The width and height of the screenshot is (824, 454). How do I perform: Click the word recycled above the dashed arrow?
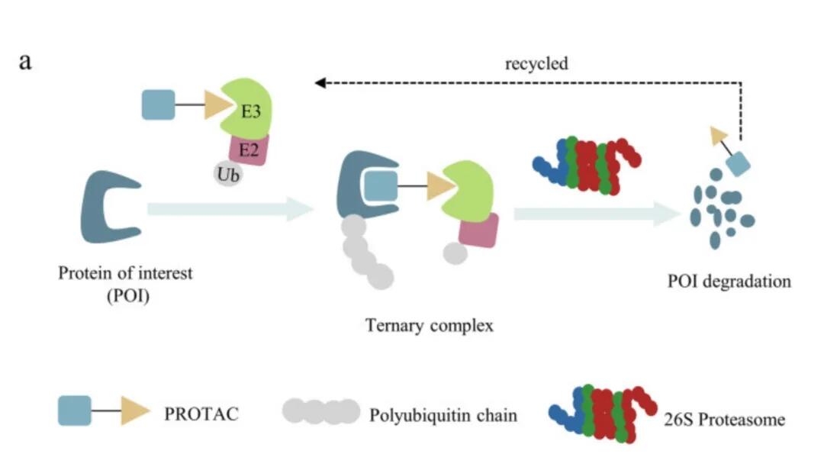(536, 63)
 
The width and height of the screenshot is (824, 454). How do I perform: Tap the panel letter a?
(25, 61)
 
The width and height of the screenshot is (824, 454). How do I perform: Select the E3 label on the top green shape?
(252, 111)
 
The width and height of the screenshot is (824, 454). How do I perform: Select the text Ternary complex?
(430, 326)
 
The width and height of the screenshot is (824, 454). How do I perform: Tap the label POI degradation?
(729, 281)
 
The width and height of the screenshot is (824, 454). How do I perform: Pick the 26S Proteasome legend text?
(722, 419)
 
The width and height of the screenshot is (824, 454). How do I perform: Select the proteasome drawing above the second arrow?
(587, 164)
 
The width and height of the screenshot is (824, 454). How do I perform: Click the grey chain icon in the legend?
(320, 411)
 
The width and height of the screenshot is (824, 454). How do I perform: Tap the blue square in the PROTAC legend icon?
(75, 411)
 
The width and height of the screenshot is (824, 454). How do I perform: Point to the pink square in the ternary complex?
(478, 230)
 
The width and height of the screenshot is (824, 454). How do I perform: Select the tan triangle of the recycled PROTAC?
(718, 135)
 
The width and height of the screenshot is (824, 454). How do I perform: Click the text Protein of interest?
(125, 273)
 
